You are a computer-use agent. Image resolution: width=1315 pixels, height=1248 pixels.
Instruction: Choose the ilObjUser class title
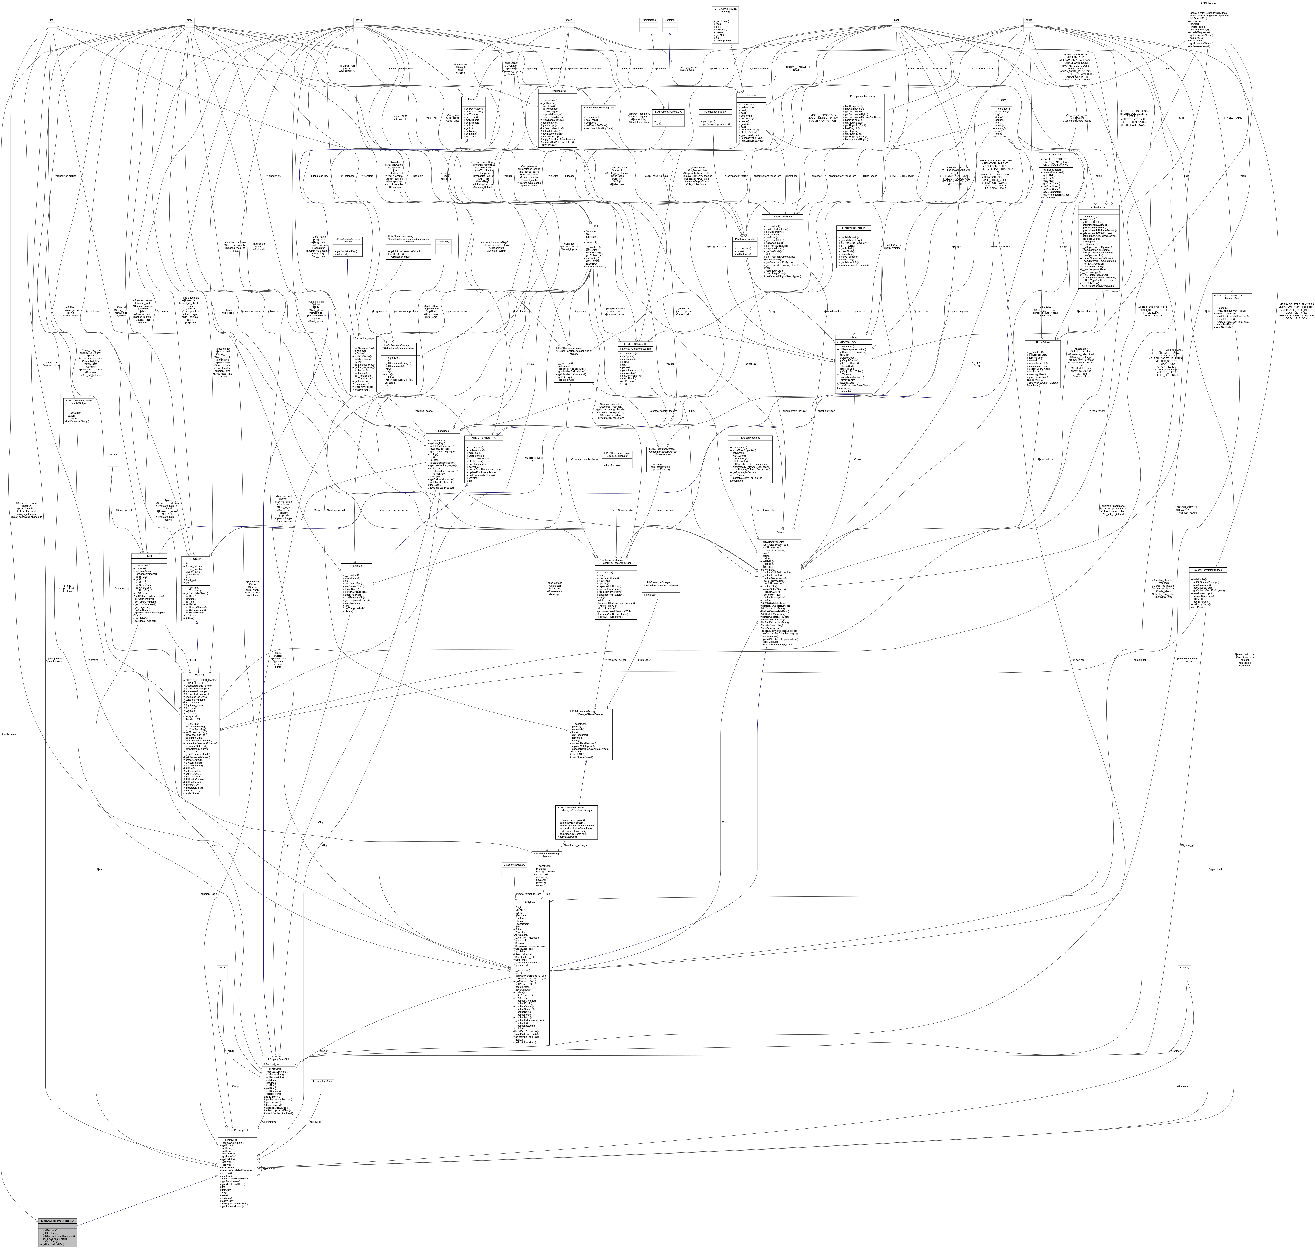tap(530, 903)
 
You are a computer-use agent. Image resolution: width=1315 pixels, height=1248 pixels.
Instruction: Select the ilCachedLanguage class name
tap(363, 338)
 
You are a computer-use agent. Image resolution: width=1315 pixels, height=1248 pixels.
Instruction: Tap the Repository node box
tap(443, 242)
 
